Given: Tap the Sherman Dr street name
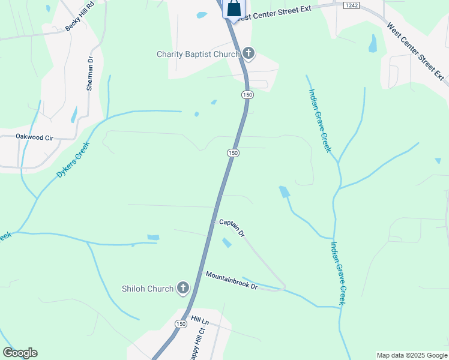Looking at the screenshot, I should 91,73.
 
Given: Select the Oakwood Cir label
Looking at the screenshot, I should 34,137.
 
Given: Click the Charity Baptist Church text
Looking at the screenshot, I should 198,54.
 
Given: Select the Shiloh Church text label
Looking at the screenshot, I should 147,289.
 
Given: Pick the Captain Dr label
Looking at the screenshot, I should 232,227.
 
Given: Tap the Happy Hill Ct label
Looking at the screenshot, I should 199,342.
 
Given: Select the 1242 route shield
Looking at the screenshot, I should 351,5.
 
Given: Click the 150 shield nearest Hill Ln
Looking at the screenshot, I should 181,323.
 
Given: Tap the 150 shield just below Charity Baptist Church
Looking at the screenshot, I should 247,95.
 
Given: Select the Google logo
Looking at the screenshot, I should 20,353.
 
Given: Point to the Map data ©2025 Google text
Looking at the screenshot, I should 412,355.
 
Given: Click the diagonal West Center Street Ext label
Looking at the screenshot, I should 416,52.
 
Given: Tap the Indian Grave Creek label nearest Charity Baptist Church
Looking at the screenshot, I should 319,120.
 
